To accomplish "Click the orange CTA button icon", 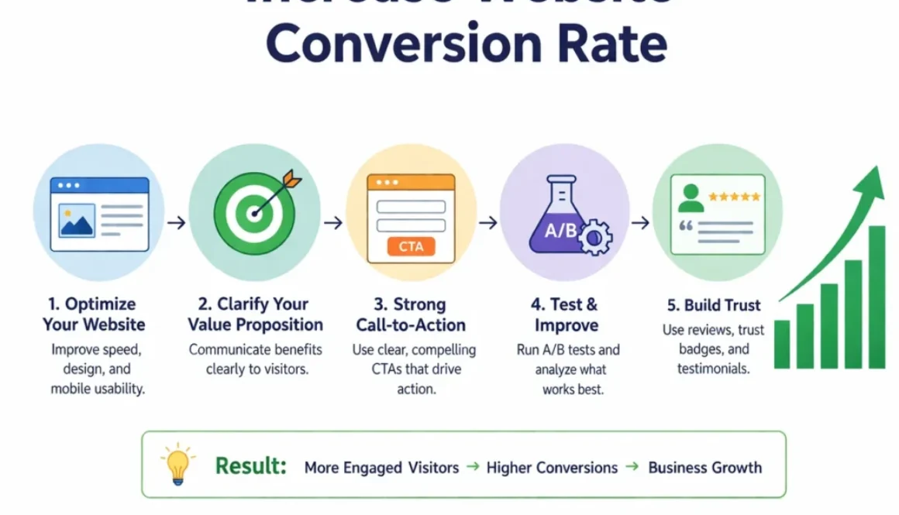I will tap(411, 247).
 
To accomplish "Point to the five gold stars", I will tap(734, 197).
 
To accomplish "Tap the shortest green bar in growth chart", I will tap(782, 344).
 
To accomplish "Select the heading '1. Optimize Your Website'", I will tap(94, 314).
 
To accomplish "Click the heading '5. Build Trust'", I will tap(713, 304).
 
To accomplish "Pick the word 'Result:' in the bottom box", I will tap(250, 466).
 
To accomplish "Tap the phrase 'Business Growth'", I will tap(704, 468).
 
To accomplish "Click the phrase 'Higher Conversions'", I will tap(552, 468).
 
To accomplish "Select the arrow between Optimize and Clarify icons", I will tap(177, 223).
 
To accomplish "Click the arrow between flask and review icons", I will tap(640, 223).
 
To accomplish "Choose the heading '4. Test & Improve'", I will tap(566, 314).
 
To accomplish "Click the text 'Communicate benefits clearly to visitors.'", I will tap(257, 359).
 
